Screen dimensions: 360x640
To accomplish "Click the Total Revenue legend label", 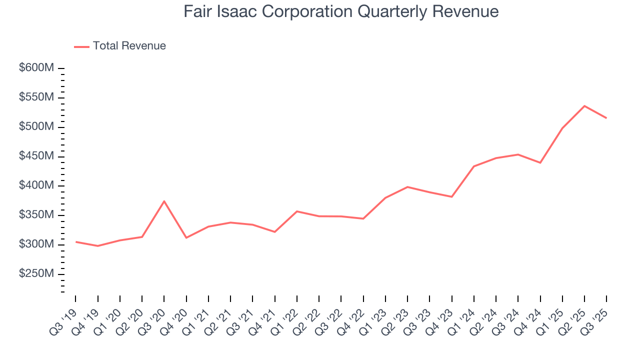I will tap(129, 46).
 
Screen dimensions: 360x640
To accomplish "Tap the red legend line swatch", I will tap(82, 46).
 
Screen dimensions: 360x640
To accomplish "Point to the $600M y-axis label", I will tap(36, 68).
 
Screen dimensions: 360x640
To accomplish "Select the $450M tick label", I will tap(36, 156).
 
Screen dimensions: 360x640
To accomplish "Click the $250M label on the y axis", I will tap(36, 274).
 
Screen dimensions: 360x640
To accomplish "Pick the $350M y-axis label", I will tap(36, 215).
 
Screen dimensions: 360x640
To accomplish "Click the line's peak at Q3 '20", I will tap(164, 201).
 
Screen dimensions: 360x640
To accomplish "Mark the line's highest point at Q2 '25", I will tap(584, 106).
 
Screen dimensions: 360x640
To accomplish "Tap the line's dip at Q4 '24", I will tap(540, 162).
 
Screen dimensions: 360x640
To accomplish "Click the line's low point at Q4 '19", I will tap(98, 246).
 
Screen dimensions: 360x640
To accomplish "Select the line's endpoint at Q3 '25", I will tap(606, 118).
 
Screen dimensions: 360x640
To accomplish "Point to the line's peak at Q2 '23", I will tap(407, 187).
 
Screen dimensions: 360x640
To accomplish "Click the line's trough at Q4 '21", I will tap(274, 232).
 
